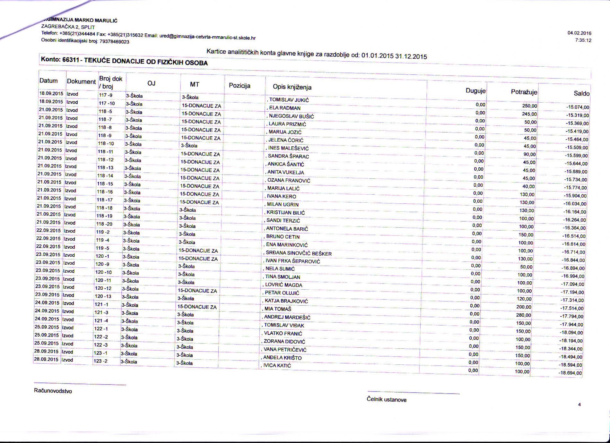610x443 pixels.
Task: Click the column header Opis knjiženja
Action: coord(292,87)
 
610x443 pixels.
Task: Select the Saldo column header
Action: coord(581,93)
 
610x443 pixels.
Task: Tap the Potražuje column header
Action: coord(524,92)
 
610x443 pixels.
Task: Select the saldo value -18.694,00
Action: coord(570,373)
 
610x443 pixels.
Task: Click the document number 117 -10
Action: coord(107,103)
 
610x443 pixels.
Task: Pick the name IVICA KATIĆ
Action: coord(277,365)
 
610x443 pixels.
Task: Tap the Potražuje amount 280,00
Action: coord(524,315)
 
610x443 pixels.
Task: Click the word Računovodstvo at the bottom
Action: coord(53,391)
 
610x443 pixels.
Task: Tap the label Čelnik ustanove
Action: coord(387,400)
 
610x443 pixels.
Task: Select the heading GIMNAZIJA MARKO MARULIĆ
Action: coord(80,21)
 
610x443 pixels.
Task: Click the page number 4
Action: coord(579,405)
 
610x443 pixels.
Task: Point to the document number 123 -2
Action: coord(100,361)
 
